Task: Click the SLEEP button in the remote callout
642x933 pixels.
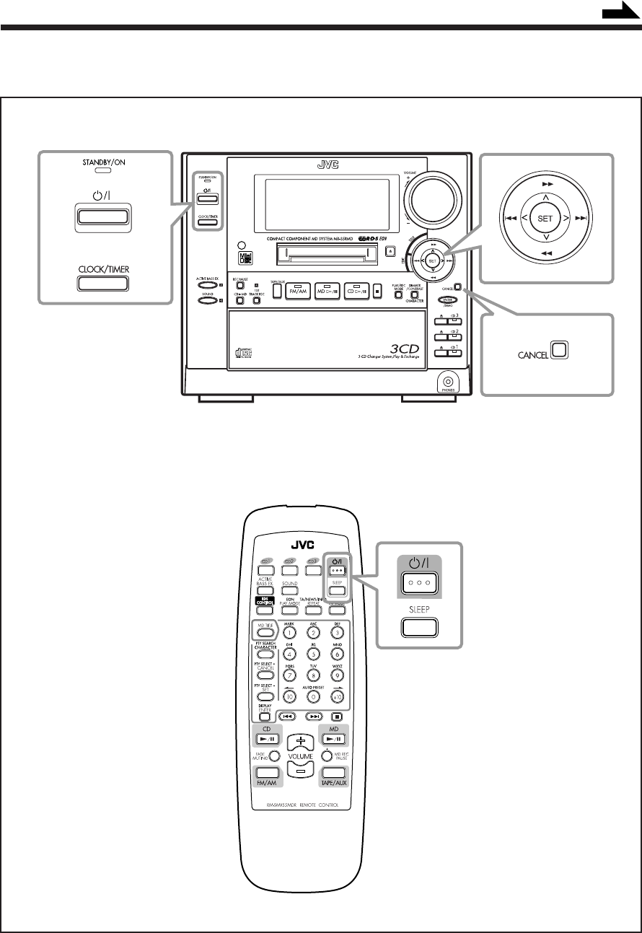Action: (x=418, y=626)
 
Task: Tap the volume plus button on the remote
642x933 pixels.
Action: (x=300, y=741)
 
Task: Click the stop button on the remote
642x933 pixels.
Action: (x=337, y=717)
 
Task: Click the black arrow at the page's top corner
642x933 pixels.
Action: (x=619, y=13)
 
